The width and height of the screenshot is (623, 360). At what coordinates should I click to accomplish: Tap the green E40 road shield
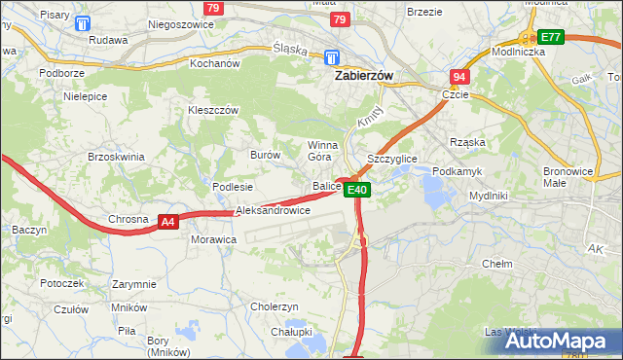[x=358, y=190]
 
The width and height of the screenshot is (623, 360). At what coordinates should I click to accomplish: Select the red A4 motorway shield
[x=167, y=222]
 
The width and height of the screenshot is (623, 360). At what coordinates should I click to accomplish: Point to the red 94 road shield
[x=459, y=77]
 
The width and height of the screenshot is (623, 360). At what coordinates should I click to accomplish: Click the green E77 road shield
[x=551, y=37]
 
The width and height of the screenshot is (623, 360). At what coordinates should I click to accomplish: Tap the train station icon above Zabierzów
[x=332, y=56]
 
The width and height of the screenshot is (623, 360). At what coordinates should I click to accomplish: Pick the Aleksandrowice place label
[x=273, y=210]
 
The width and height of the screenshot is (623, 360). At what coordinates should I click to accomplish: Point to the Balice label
[x=325, y=186]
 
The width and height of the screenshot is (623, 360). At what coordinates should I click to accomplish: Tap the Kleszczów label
[x=213, y=111]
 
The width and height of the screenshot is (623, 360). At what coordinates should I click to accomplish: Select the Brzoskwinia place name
[x=116, y=157]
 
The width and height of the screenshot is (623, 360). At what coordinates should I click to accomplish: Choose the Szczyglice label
[x=391, y=158]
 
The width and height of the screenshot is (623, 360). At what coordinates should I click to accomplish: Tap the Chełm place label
[x=496, y=264]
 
